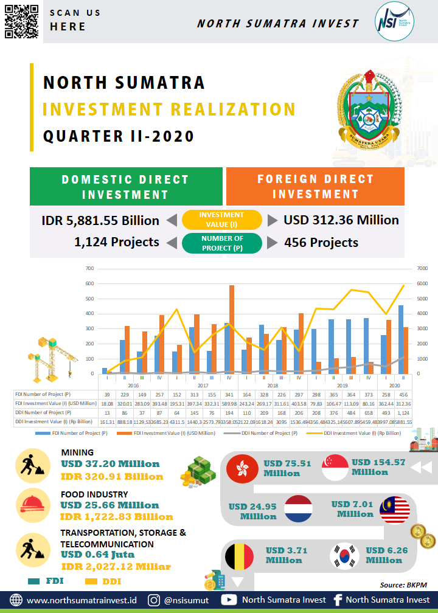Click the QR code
pyautogui.click(x=21, y=21)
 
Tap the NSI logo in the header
pyautogui.click(x=393, y=22)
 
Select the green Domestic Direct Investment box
pyautogui.click(x=125, y=187)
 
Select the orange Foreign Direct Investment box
pyautogui.click(x=315, y=187)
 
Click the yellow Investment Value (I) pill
pyautogui.click(x=221, y=219)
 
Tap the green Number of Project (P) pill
pyautogui.click(x=221, y=243)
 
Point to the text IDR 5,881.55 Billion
pyautogui.click(x=100, y=220)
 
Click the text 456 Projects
pyautogui.click(x=321, y=243)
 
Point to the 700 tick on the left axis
pyautogui.click(x=89, y=268)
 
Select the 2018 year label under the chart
pyautogui.click(x=273, y=386)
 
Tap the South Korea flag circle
pyautogui.click(x=345, y=556)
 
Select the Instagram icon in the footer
pyautogui.click(x=155, y=600)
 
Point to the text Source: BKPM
pyautogui.click(x=403, y=585)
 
